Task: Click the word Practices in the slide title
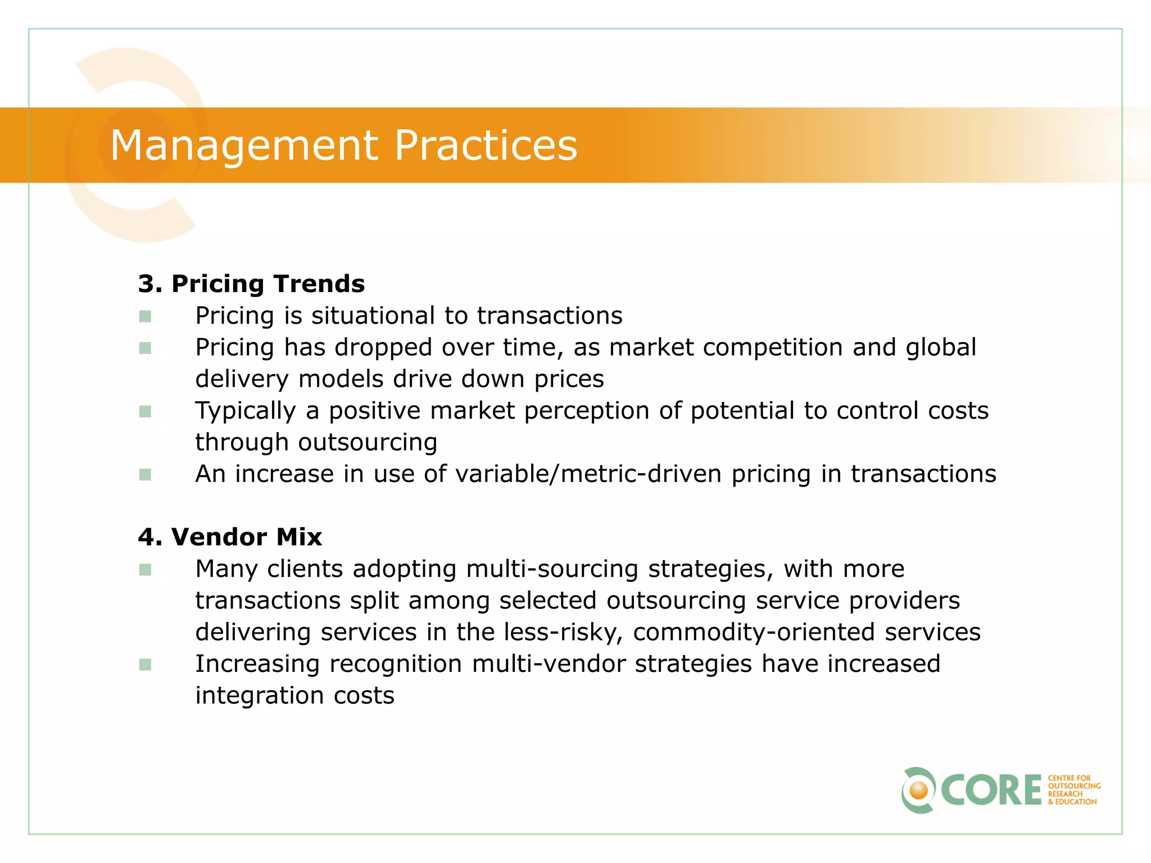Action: tap(486, 146)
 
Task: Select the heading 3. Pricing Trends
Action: tap(251, 284)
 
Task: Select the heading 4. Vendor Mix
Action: tap(230, 537)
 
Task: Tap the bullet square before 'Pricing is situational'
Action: tap(145, 316)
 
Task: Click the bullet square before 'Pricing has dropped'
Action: tap(145, 348)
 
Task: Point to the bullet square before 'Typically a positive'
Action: tap(145, 412)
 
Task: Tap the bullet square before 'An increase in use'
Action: tap(145, 475)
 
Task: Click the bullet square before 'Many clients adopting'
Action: tap(145, 570)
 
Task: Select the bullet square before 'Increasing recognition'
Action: tap(145, 665)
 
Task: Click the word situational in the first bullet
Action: tap(373, 316)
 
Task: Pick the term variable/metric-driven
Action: tap(588, 474)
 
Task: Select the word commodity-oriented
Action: tap(754, 633)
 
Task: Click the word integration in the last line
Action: tap(259, 696)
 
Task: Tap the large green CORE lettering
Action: tap(991, 791)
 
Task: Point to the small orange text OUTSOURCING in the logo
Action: tap(1074, 786)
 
